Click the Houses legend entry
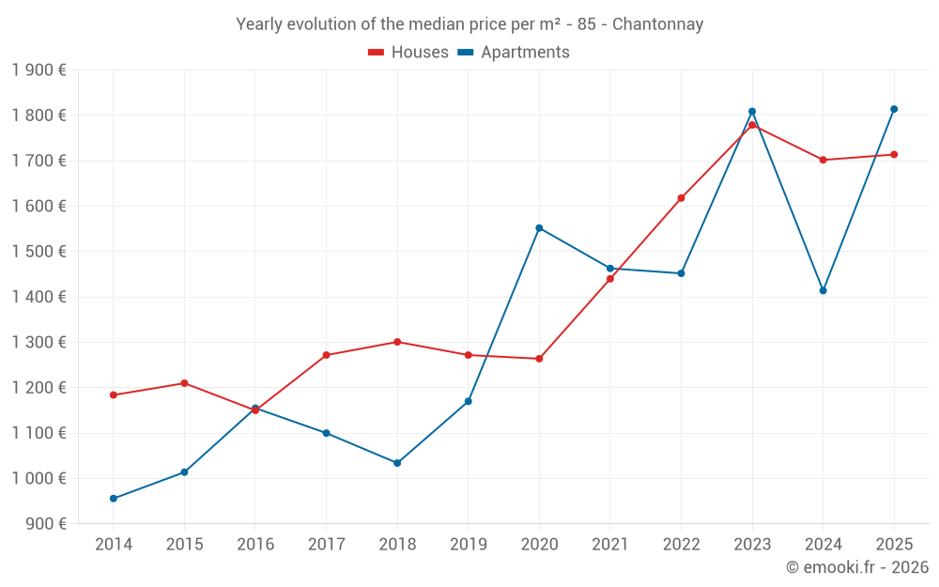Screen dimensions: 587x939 [408, 53]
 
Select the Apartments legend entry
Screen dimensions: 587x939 [514, 53]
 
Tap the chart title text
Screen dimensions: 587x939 [469, 24]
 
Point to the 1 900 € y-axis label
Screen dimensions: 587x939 [38, 70]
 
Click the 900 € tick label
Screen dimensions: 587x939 [45, 523]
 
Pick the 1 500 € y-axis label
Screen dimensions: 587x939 [38, 251]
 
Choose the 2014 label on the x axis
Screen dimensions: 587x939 [114, 544]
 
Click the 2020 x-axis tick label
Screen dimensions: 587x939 [539, 544]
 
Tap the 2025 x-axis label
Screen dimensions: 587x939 [894, 544]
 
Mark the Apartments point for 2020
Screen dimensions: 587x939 [539, 228]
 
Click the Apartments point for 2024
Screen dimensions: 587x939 [823, 290]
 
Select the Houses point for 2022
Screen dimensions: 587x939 [681, 198]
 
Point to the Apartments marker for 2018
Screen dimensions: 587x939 [397, 463]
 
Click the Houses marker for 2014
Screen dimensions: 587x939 [114, 395]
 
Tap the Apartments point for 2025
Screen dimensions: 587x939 [894, 109]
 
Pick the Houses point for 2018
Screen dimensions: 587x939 [397, 342]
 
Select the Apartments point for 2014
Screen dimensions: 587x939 [114, 499]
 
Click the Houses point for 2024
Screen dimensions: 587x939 [823, 160]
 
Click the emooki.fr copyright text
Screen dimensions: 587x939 [856, 567]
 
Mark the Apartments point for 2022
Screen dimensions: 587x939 [681, 273]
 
